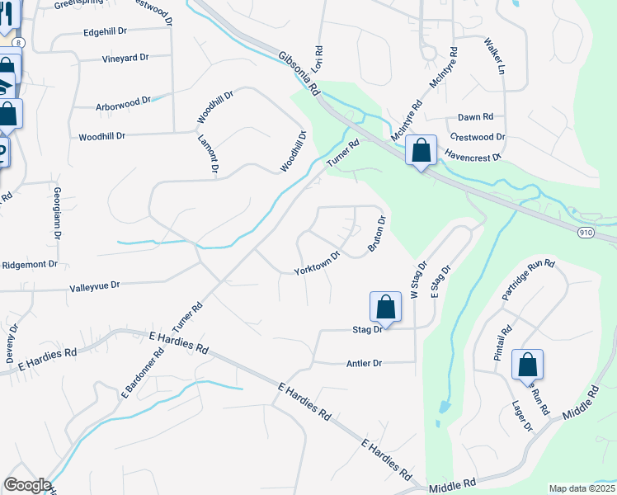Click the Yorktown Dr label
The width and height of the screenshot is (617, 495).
pyautogui.click(x=318, y=263)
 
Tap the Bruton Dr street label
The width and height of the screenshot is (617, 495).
pyautogui.click(x=376, y=234)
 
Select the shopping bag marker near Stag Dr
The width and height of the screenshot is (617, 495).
pyautogui.click(x=385, y=308)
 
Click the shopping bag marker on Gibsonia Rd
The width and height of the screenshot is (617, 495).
pyautogui.click(x=421, y=150)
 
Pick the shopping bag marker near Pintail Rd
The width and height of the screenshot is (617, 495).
pyautogui.click(x=527, y=365)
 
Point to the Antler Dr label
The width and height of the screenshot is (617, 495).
pyautogui.click(x=364, y=363)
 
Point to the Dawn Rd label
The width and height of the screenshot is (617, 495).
pyautogui.click(x=475, y=117)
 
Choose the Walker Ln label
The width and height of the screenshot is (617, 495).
pyautogui.click(x=494, y=55)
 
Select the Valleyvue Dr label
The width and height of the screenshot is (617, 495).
pyautogui.click(x=95, y=285)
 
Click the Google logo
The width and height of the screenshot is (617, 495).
pyautogui.click(x=27, y=485)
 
